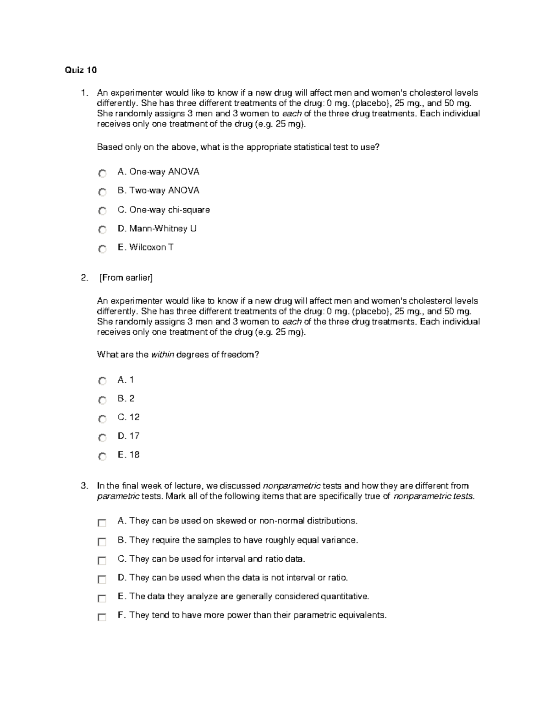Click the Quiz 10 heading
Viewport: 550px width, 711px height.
81,70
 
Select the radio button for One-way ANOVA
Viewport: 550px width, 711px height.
102,173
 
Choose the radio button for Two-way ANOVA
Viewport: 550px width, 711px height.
102,192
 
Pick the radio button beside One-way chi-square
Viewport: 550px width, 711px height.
102,211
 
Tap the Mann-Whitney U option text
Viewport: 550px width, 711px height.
157,228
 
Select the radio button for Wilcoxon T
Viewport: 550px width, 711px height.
102,249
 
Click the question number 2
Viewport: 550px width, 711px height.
83,277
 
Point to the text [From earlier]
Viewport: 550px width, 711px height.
126,277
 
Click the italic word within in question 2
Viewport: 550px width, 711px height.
162,355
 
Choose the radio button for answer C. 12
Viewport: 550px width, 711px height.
102,419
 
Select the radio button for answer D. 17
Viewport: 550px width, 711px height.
102,438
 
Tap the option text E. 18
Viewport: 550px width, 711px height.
128,455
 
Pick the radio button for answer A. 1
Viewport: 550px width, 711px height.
102,381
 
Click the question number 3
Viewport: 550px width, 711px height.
83,486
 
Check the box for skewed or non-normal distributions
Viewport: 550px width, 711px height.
102,522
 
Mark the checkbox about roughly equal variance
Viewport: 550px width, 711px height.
102,542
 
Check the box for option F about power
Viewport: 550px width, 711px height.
102,617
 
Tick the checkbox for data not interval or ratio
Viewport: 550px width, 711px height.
102,579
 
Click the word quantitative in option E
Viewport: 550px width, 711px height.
344,597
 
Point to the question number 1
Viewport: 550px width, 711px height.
83,93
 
